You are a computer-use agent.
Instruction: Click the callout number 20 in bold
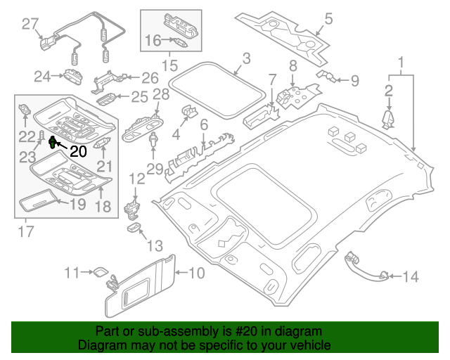tap(78, 150)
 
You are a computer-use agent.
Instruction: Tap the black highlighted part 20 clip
tap(53, 143)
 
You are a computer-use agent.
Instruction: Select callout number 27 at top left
tap(29, 25)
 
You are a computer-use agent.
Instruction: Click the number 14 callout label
tap(409, 277)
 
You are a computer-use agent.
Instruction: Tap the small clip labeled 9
tap(324, 75)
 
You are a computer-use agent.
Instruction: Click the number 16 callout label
tap(153, 41)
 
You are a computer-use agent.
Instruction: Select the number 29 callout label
tap(153, 169)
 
